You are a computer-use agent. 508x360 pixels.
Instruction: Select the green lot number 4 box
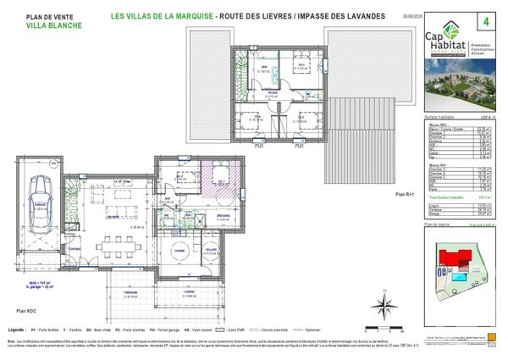pos(485,19)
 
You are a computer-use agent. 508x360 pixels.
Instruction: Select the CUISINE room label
pos(179,252)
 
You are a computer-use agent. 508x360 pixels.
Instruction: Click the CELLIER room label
pos(211,251)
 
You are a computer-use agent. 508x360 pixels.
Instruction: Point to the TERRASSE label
pos(131,293)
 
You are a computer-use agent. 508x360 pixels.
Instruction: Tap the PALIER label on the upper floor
pos(273,96)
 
